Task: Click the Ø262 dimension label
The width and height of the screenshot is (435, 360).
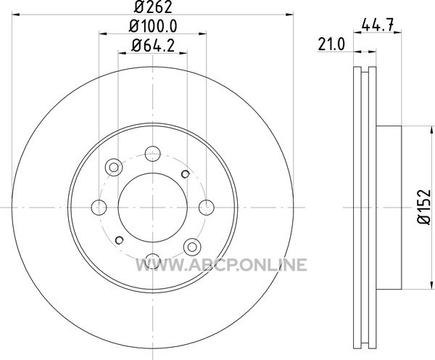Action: [153, 7]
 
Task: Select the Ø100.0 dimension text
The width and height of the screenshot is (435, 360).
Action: [153, 26]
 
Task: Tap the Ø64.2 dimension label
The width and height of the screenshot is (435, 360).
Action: [153, 46]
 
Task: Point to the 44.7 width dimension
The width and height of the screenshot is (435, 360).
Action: [378, 26]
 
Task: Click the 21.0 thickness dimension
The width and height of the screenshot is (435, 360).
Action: [331, 44]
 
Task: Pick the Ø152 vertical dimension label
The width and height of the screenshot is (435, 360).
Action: [424, 207]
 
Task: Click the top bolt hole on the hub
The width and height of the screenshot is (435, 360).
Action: [152, 154]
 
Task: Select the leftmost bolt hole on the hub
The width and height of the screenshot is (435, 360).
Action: [99, 208]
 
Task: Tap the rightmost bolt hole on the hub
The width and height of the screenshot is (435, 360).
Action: [207, 208]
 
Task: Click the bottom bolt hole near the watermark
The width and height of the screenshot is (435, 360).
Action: [152, 261]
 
